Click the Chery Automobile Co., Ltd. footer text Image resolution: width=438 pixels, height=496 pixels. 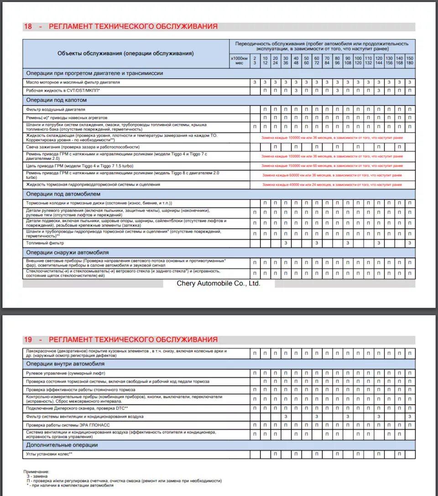click(219, 284)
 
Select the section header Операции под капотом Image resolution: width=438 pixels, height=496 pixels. click(57, 100)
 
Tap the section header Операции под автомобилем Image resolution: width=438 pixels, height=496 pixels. click(63, 194)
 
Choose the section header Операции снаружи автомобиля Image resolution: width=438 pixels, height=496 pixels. click(67, 252)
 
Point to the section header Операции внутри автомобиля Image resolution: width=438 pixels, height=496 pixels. click(65, 364)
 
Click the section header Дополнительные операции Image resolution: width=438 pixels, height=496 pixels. click(62, 445)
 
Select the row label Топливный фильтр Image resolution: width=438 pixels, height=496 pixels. click(45, 243)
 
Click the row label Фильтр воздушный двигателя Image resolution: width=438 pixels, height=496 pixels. click(56, 110)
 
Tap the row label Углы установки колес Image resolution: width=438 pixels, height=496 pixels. click(50, 455)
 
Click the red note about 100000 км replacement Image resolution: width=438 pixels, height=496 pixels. click(332, 137)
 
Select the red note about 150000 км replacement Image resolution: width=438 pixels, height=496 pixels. click(332, 166)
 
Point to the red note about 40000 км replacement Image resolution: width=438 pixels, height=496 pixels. click(332, 185)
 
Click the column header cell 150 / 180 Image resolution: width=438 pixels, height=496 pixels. click(410, 61)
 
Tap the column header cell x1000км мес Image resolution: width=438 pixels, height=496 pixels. click(239, 61)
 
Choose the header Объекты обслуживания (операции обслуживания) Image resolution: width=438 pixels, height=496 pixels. click(125, 53)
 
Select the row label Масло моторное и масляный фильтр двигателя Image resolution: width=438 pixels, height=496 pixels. click(73, 83)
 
